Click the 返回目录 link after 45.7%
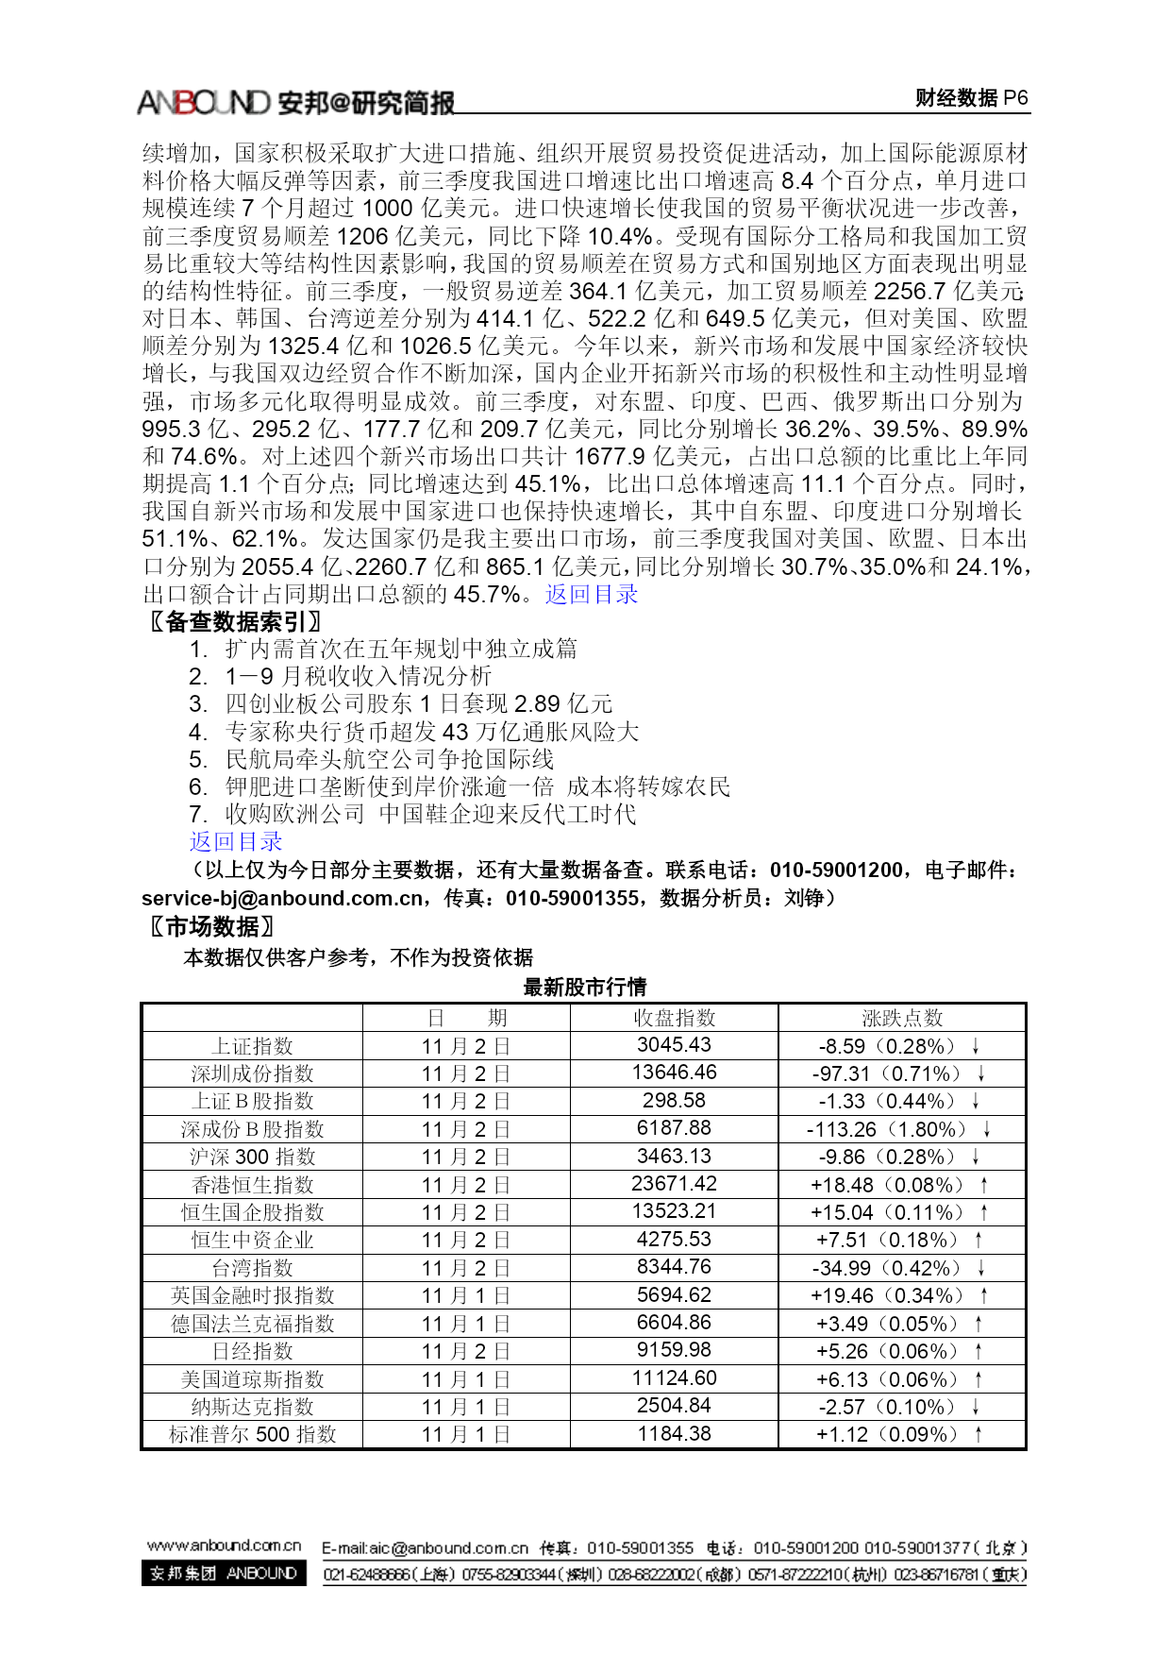click(592, 595)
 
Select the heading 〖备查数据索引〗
click(236, 621)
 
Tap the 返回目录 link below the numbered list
click(236, 841)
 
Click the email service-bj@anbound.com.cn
click(282, 898)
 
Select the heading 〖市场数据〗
click(212, 926)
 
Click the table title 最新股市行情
click(584, 988)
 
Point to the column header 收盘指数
click(674, 1018)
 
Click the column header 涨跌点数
click(902, 1018)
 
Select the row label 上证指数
click(252, 1046)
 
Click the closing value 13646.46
click(674, 1073)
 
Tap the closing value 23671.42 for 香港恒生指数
click(674, 1184)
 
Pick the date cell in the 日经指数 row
click(466, 1351)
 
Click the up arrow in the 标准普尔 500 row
click(979, 1434)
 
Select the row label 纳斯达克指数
click(252, 1407)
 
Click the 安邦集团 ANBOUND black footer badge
click(224, 1574)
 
